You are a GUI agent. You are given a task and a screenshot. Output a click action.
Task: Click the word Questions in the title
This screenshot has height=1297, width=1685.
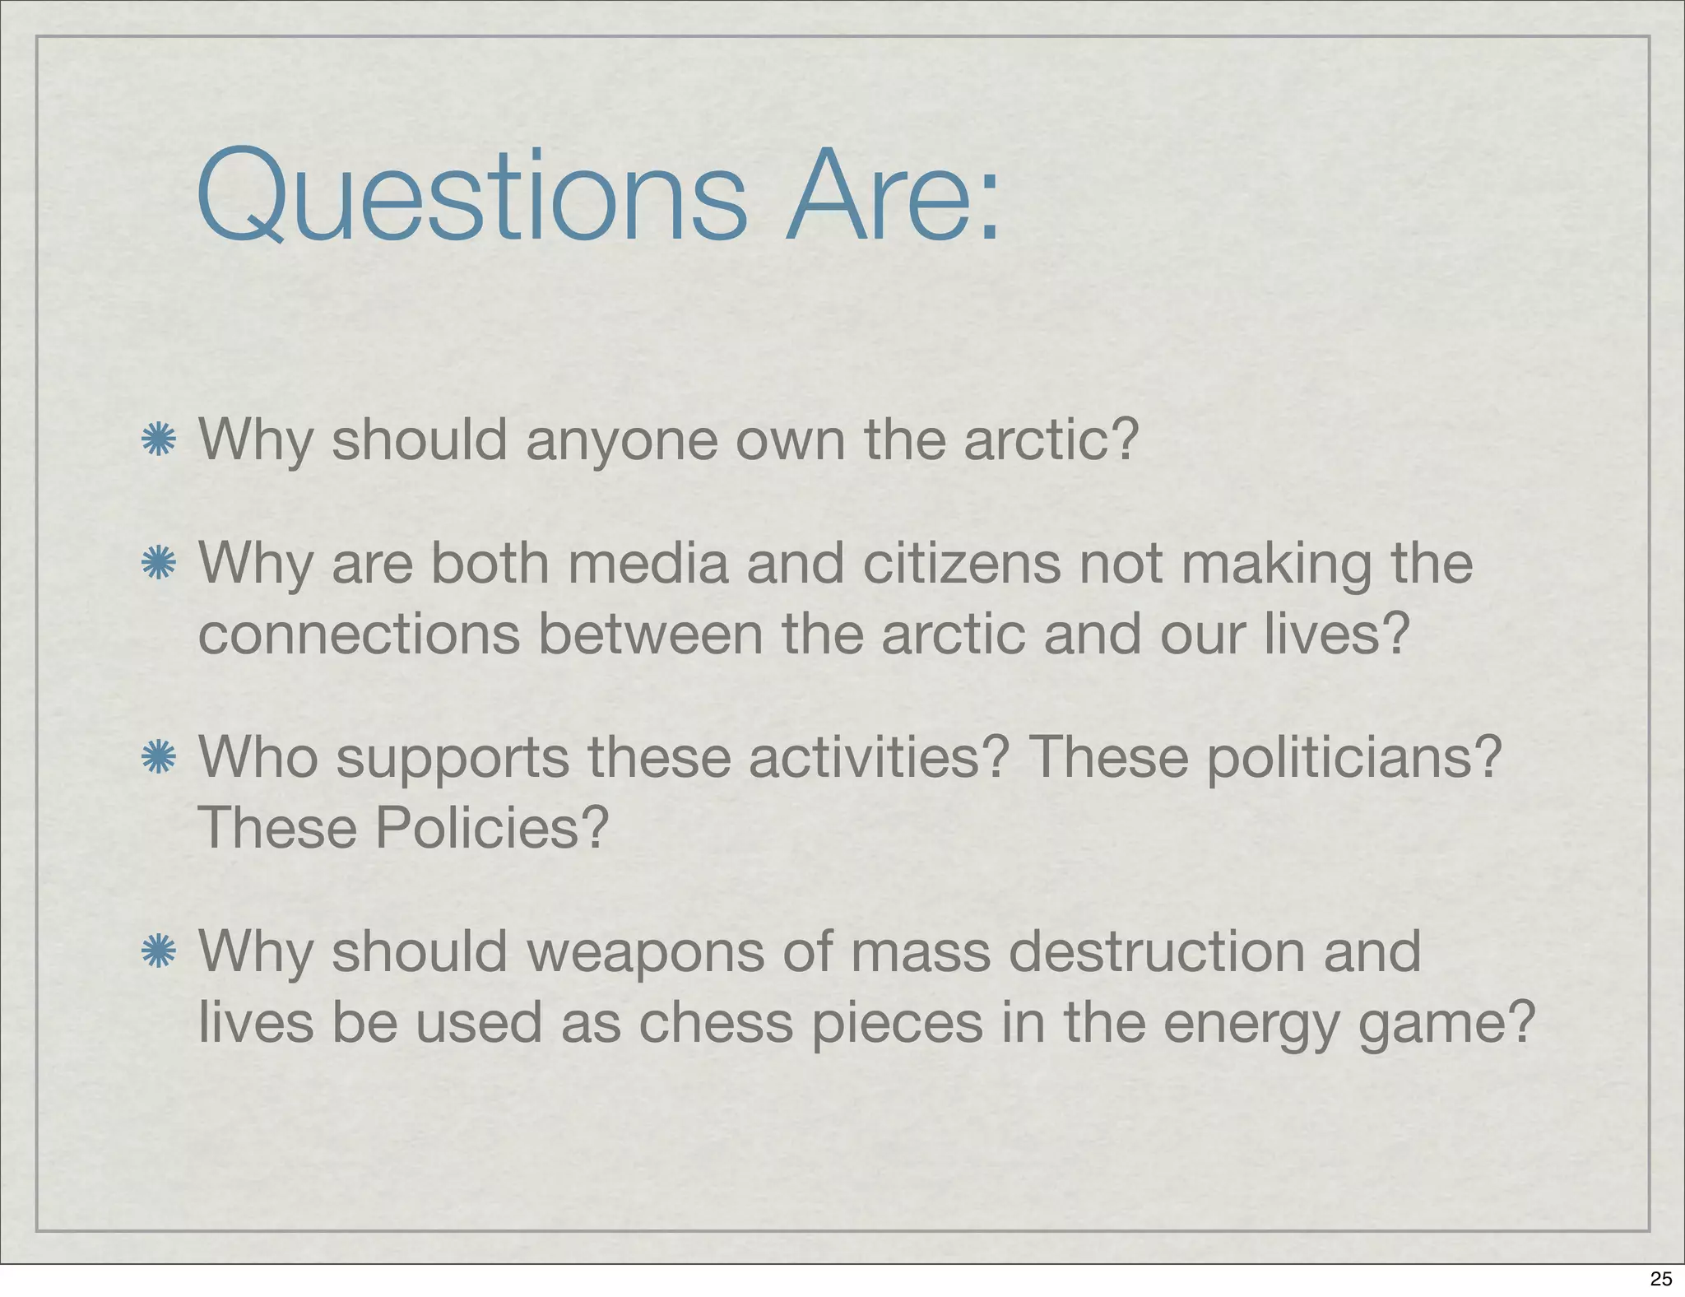click(471, 198)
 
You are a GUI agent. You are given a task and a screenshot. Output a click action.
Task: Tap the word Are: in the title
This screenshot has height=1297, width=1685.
click(892, 198)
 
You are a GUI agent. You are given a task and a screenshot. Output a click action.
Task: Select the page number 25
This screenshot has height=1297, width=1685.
click(1661, 1278)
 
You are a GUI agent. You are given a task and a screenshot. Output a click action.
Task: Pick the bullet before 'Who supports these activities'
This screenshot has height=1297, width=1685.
click(158, 757)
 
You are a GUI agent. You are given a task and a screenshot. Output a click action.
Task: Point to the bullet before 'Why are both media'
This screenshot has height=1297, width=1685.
click(158, 564)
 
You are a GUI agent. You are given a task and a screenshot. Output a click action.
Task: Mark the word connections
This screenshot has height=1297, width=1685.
click(359, 635)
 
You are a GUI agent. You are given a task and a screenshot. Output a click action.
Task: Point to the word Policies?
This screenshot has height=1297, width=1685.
click(492, 828)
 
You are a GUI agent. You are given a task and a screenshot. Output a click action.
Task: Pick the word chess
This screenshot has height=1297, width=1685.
click(716, 1023)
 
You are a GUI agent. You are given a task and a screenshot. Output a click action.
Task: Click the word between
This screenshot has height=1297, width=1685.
click(650, 635)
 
